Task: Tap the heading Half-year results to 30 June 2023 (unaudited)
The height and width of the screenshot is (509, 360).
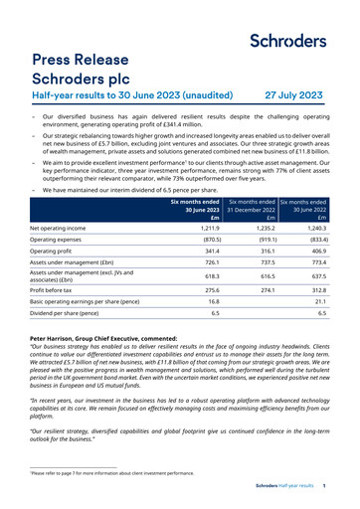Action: tap(118, 96)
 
